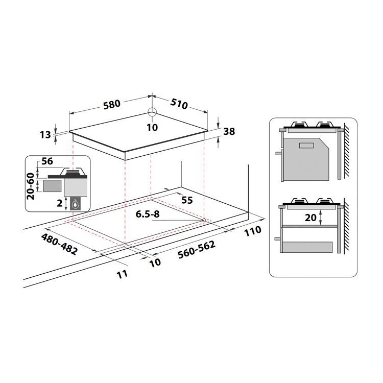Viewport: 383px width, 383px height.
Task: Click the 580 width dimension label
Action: tap(112, 104)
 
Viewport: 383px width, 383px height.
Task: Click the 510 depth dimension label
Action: tap(179, 104)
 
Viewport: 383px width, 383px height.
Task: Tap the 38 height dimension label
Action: tap(229, 131)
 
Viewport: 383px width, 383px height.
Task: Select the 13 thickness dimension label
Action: tap(45, 135)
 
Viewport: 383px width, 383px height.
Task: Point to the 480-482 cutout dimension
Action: tap(59, 244)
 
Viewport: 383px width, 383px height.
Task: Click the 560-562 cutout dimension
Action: tap(197, 249)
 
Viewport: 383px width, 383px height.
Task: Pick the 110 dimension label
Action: tap(253, 231)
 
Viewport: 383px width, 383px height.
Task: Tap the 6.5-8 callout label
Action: tap(148, 214)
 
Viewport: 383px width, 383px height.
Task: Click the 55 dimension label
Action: tap(187, 200)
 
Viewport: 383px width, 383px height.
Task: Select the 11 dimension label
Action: tap(122, 274)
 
